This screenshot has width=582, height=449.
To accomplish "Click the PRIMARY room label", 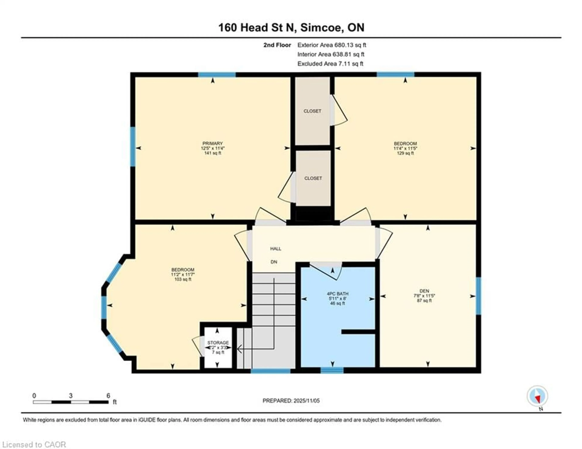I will (x=212, y=143).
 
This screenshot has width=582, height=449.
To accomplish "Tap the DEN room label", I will (x=424, y=291).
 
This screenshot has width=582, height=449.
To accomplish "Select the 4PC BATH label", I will (x=338, y=294).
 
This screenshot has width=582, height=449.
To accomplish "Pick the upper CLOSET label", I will (x=312, y=111).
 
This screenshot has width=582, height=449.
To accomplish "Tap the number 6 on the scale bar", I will (x=108, y=396).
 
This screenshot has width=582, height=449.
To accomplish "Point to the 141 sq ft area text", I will (x=212, y=153).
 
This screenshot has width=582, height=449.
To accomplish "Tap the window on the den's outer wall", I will (x=479, y=296).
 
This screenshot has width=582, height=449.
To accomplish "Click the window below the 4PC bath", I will (x=332, y=370).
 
